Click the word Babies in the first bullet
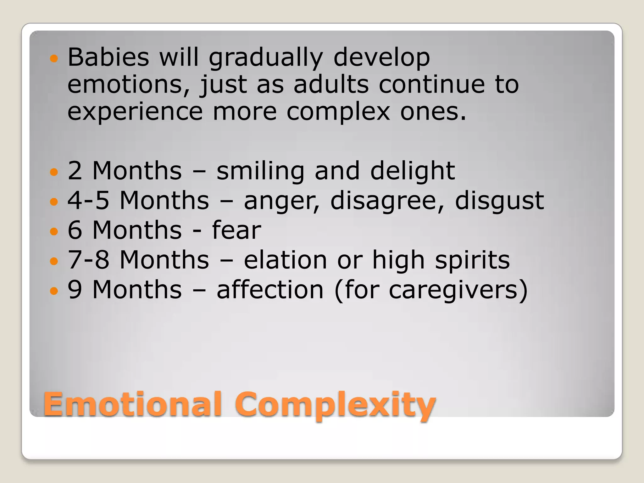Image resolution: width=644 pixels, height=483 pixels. click(x=108, y=58)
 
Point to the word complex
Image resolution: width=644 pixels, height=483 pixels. click(x=338, y=112)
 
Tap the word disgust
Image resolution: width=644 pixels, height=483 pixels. click(x=499, y=201)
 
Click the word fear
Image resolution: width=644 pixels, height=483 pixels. click(x=236, y=230)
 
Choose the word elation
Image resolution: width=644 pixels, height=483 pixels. click(x=285, y=260)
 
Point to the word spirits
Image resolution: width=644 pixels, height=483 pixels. click(x=472, y=260)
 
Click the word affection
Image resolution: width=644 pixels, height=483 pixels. click(x=270, y=290)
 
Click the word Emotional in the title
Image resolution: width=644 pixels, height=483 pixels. click(x=133, y=404)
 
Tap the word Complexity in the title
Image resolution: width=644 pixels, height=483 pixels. click(x=335, y=406)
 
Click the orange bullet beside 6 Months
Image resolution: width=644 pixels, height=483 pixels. click(x=54, y=231)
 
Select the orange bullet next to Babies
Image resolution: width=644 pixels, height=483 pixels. click(x=54, y=58)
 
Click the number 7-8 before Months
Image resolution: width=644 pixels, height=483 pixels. click(x=88, y=260)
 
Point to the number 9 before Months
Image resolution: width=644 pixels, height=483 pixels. click(x=75, y=290)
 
